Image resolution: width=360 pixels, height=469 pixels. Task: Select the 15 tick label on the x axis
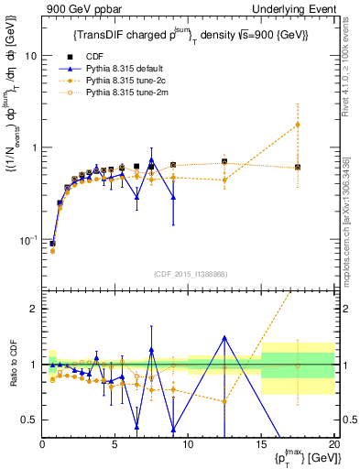[261, 444]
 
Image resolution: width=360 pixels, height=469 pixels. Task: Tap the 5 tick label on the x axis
[115, 444]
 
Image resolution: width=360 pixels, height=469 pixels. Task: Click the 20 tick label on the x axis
[333, 444]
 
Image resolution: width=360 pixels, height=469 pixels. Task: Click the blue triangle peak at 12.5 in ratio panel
[224, 337]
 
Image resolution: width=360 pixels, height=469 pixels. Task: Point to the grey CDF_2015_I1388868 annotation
[188, 272]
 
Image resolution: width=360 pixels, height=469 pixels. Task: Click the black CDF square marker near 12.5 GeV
[224, 161]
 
